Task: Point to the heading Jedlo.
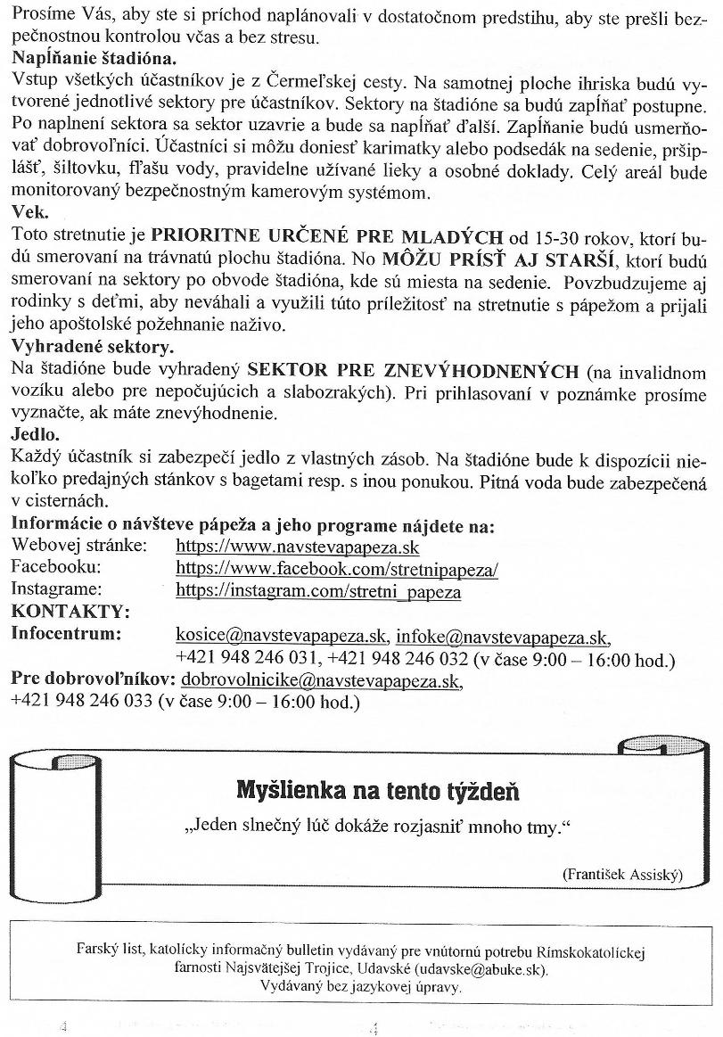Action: coord(35,436)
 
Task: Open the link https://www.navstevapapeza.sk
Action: coord(298,547)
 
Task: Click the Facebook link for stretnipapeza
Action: coord(337,568)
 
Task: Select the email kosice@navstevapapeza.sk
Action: coord(282,637)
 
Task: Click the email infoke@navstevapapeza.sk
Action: coord(503,637)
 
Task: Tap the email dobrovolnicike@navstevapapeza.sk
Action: coord(323,681)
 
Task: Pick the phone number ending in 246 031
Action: coord(248,660)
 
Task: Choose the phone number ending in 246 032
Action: coord(398,660)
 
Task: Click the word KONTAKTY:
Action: coord(70,613)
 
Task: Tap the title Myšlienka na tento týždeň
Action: coord(377,790)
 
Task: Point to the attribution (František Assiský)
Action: coord(622,875)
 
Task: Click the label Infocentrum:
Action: coord(66,636)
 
